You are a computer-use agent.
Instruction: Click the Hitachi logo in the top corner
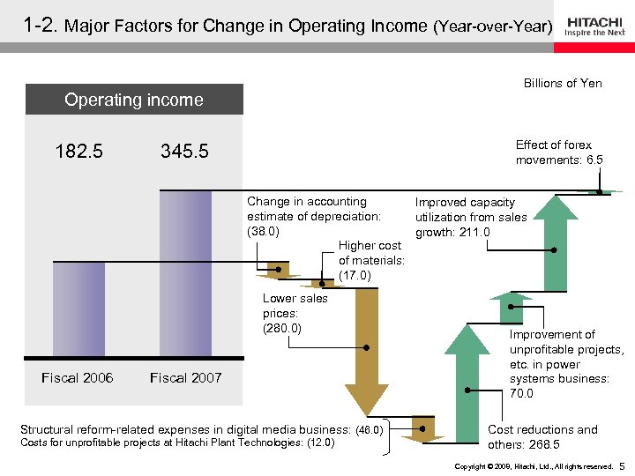[x=595, y=26]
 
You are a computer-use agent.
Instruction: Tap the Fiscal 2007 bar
[x=185, y=273]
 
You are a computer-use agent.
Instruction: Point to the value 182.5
[x=78, y=152]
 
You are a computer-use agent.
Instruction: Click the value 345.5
[x=184, y=152]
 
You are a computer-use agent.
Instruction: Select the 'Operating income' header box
[x=134, y=100]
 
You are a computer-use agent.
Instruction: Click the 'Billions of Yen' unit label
[x=563, y=83]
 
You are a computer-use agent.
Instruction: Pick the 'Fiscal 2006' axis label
[x=78, y=378]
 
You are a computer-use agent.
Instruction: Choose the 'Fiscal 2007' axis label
[x=185, y=378]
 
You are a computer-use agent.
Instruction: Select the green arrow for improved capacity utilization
[x=554, y=242]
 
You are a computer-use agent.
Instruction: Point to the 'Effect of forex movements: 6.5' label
[x=559, y=152]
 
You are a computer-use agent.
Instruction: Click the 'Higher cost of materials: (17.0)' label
[x=371, y=260]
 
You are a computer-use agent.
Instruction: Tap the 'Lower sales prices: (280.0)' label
[x=295, y=313]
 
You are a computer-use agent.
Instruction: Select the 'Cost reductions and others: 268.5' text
[x=542, y=436]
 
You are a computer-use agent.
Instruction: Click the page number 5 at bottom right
[x=622, y=465]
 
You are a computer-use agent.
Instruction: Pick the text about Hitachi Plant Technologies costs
[x=177, y=443]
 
